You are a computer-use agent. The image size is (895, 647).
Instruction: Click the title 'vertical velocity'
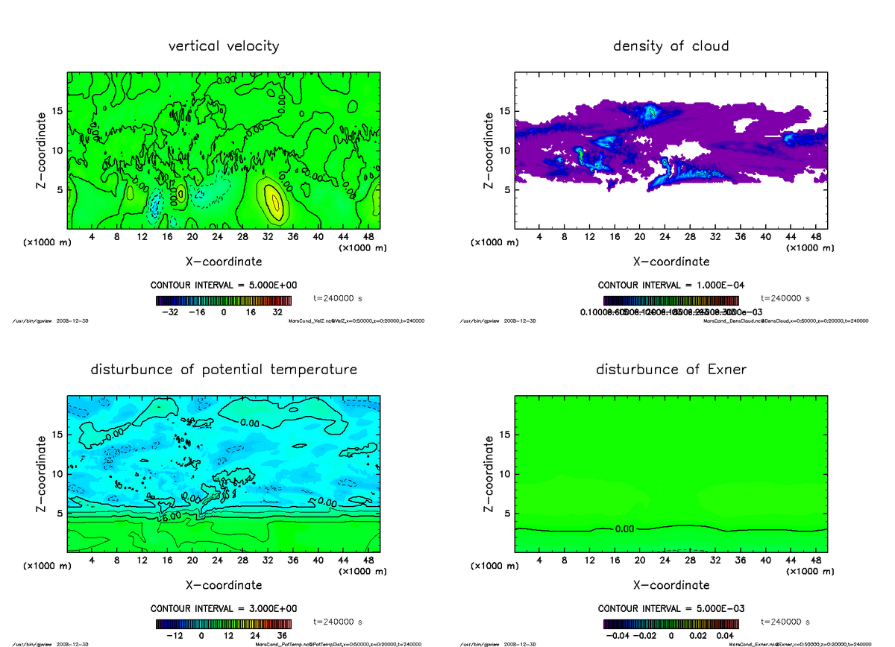click(x=224, y=46)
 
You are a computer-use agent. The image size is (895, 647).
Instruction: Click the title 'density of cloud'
click(x=671, y=46)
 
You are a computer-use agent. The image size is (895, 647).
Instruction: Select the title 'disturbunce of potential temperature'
click(x=224, y=370)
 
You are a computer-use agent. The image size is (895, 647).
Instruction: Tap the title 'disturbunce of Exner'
click(x=671, y=370)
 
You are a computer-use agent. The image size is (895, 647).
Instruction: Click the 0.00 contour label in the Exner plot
click(x=624, y=529)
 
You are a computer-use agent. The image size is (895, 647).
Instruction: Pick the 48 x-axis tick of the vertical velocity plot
click(x=368, y=238)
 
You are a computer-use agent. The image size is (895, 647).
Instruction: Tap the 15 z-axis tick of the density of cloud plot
click(x=505, y=112)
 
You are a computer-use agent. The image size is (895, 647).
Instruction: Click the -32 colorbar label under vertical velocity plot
click(x=170, y=312)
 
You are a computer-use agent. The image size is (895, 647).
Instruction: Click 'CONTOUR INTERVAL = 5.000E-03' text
click(x=671, y=608)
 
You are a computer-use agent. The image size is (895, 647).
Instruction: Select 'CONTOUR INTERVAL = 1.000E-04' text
click(x=671, y=285)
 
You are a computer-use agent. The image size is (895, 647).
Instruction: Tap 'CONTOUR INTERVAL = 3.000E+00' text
click(x=224, y=608)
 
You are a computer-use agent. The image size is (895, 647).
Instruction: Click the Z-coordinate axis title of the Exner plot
click(x=489, y=474)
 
